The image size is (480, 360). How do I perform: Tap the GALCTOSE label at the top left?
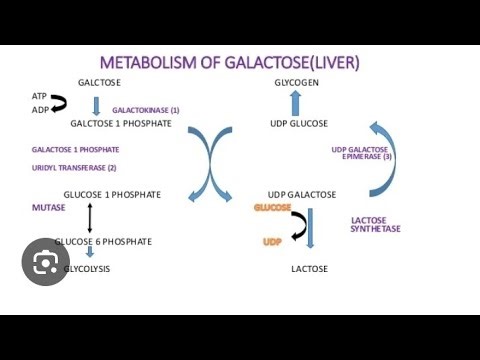point(99,82)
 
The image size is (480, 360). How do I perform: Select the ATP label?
point(38,96)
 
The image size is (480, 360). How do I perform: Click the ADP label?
point(38,109)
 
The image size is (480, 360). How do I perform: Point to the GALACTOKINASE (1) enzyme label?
point(145,109)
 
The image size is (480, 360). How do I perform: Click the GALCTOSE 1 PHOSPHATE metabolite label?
point(121,123)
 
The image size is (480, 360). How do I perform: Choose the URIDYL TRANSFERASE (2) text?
point(74,167)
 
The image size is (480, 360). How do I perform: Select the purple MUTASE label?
point(49,207)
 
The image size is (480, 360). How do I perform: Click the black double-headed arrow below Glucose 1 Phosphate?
point(90,217)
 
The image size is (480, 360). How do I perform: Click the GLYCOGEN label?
point(296,82)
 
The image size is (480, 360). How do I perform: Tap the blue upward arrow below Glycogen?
point(296,102)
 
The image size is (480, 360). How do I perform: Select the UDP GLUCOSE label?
point(298,123)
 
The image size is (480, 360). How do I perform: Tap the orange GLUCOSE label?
point(272,207)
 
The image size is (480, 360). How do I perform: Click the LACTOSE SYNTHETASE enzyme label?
point(375,224)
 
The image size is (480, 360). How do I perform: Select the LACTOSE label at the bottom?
point(309,269)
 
